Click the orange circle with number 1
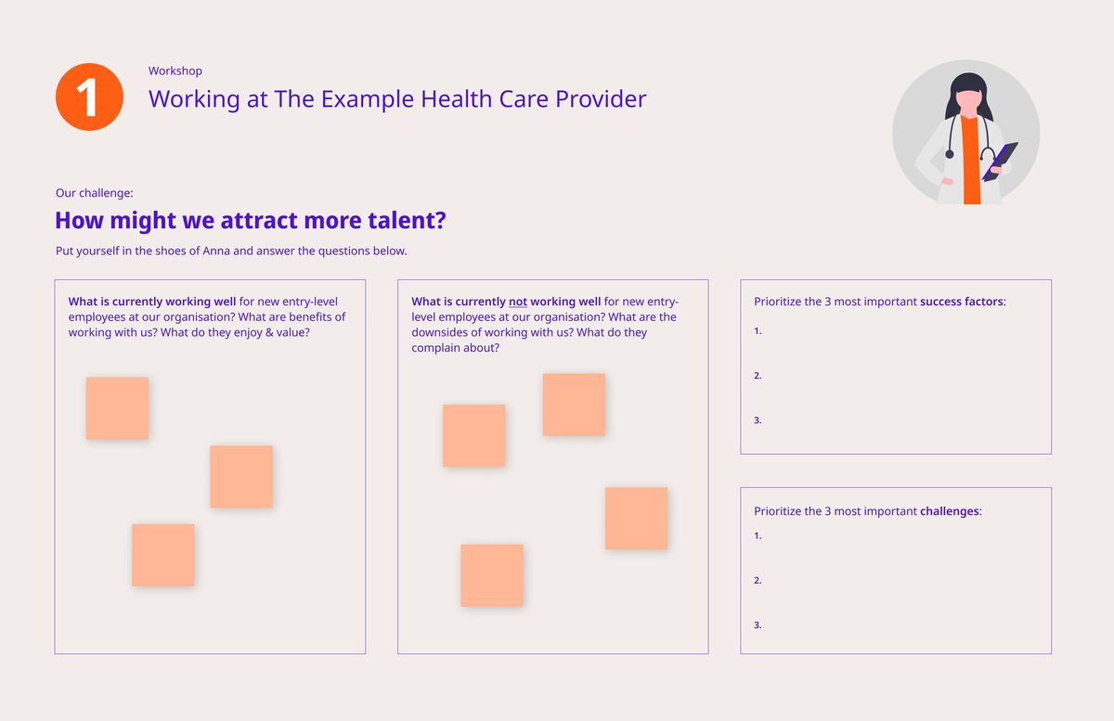point(89,97)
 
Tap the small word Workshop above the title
point(175,71)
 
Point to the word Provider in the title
point(601,99)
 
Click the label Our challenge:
point(95,193)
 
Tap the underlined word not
point(518,302)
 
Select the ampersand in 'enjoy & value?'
point(269,332)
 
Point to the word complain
point(434,348)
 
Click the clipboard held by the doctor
point(1000,161)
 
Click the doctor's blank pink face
point(967,103)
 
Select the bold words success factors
point(962,302)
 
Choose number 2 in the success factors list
point(758,376)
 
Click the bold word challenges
point(950,511)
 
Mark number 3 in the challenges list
point(758,625)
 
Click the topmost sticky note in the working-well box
point(117,408)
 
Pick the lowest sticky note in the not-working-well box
point(492,575)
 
